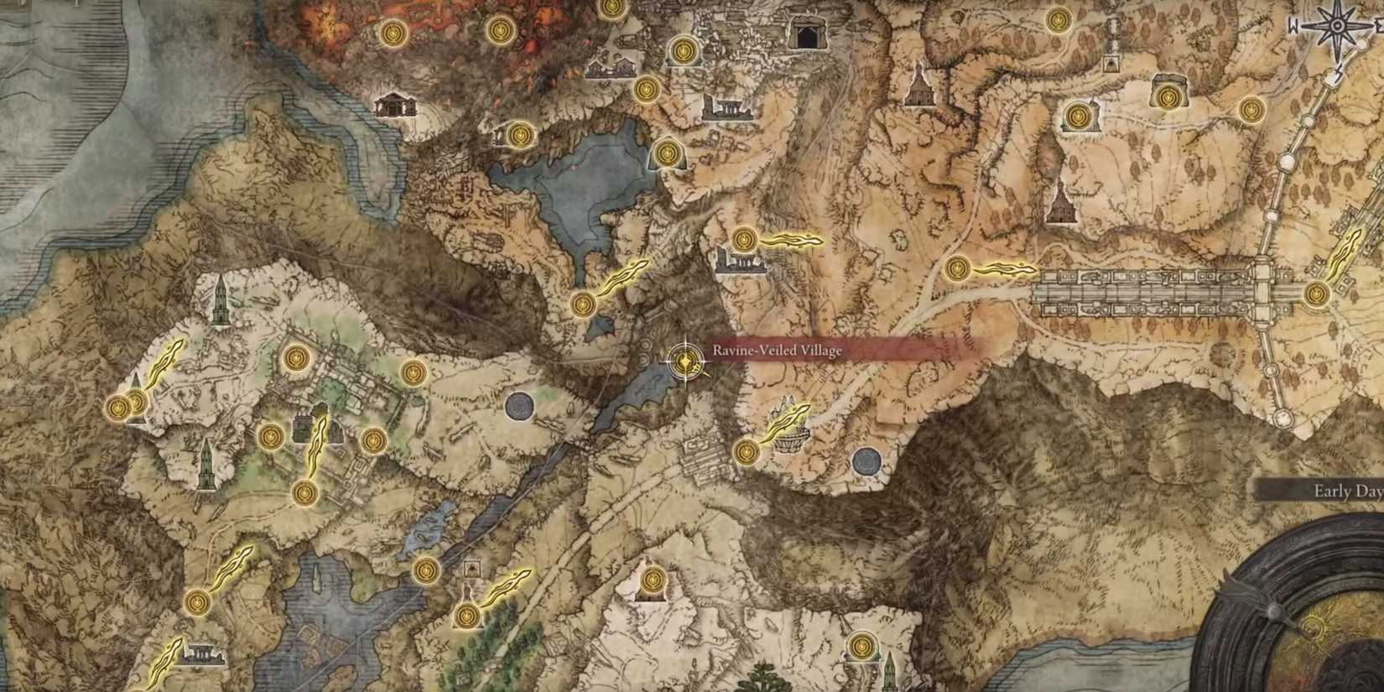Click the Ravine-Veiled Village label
coord(777,351)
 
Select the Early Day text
coord(1347,492)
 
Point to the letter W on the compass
coord(1294,26)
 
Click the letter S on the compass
coord(1340,70)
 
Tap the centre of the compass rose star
coord(1335,25)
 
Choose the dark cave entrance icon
coord(806,34)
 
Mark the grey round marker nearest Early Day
coord(866,460)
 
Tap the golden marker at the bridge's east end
coord(1316,294)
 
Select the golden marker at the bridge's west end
coord(957,269)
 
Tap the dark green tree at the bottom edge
coord(765,678)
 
